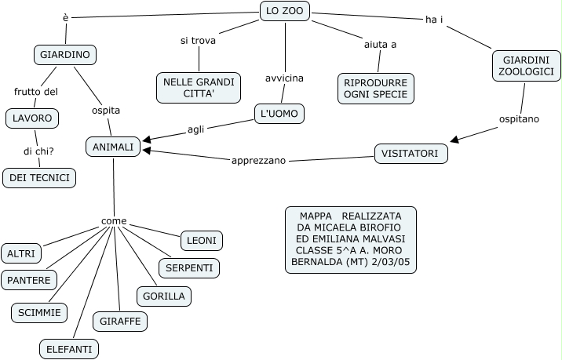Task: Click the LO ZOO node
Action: [284, 11]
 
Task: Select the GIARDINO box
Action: [65, 55]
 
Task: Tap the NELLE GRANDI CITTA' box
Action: [199, 88]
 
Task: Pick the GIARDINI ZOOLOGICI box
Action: [527, 66]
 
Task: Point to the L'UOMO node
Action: [279, 114]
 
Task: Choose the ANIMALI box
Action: [113, 147]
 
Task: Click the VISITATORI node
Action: [411, 154]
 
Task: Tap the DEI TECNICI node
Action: [39, 178]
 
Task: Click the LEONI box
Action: [203, 240]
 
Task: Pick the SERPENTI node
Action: [189, 268]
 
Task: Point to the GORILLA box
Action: [164, 296]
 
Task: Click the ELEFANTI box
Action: [68, 348]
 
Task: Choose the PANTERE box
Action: [28, 280]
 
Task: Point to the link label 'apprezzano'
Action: [258, 161]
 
